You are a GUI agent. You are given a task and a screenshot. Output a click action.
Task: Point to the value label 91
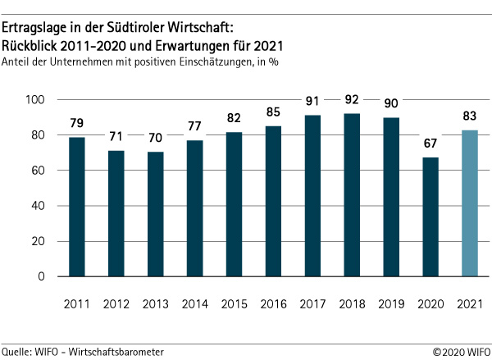click(x=312, y=103)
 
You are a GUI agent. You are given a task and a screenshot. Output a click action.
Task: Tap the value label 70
click(x=155, y=139)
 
